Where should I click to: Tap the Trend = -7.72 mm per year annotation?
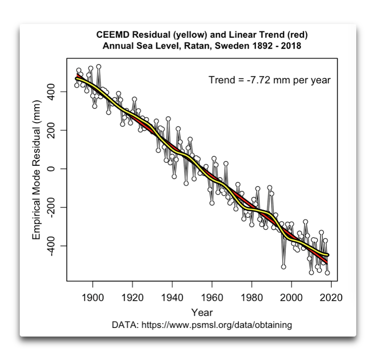pyautogui.click(x=269, y=81)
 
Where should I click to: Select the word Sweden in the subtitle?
pyautogui.click(x=225, y=46)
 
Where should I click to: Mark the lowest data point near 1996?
pyautogui.click(x=284, y=266)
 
